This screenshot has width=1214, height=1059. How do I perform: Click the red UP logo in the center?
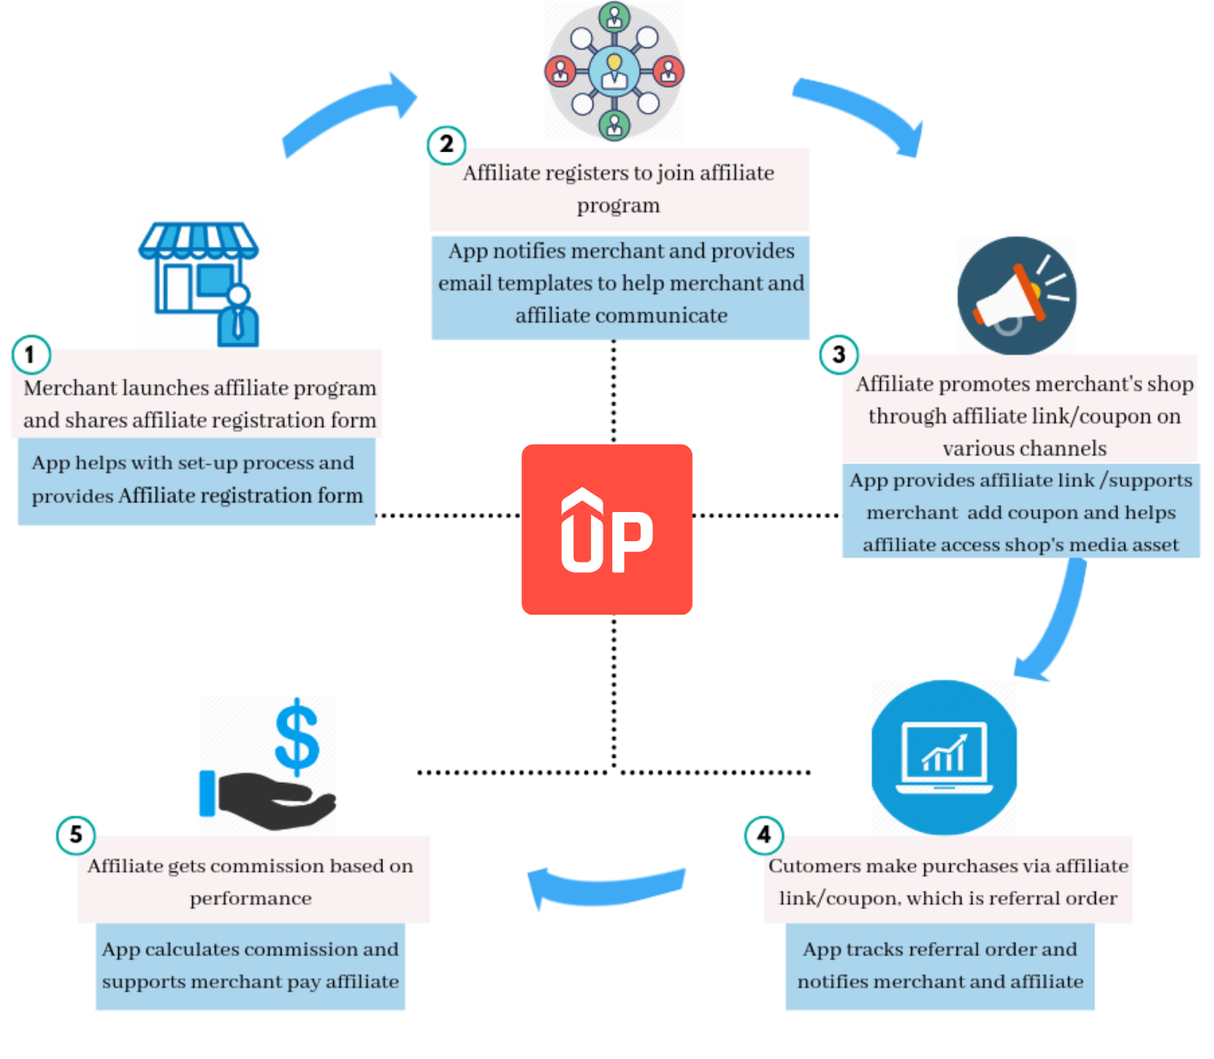click(606, 529)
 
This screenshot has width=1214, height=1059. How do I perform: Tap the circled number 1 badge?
click(31, 354)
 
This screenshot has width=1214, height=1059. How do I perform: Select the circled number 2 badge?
click(446, 144)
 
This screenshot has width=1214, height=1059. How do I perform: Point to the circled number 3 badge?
click(838, 354)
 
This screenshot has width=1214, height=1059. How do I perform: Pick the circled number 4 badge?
click(763, 834)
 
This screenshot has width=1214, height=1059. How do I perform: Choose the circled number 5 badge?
click(76, 834)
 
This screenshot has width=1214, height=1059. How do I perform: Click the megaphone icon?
click(1016, 296)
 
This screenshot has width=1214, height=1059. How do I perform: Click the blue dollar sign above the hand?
click(297, 736)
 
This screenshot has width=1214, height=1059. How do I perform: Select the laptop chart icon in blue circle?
click(944, 757)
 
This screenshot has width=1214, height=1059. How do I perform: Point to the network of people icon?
click(614, 71)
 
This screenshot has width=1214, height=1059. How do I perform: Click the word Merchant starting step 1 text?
click(71, 388)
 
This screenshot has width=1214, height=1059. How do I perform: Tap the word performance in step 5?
click(250, 899)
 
